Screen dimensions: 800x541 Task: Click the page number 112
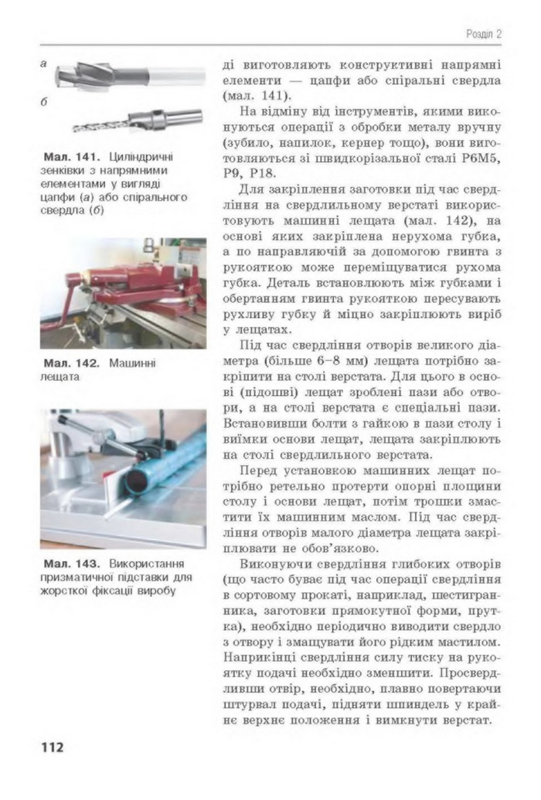tap(52, 747)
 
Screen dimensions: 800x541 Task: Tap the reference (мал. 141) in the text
tap(255, 97)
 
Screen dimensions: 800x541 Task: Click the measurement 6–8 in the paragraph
tap(356, 361)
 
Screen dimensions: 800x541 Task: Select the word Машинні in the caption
tap(132, 362)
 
